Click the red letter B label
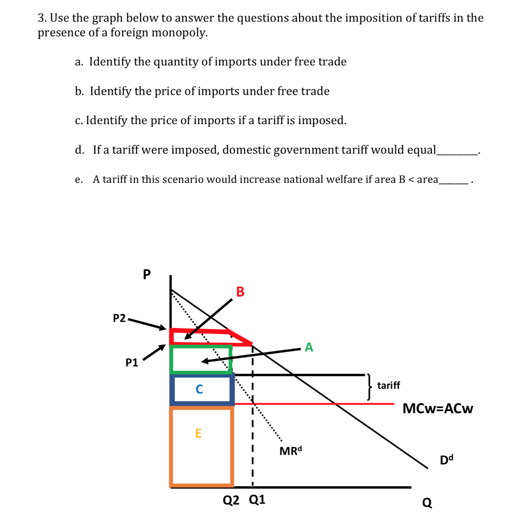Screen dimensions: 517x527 240,292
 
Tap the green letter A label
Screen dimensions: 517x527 309,348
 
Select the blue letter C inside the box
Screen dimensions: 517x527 200,389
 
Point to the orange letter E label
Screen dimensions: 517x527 199,434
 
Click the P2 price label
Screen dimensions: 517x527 119,318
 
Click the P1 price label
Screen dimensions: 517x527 132,363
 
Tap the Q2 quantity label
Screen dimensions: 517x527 232,499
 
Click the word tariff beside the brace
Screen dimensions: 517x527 389,385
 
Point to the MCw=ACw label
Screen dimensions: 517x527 438,409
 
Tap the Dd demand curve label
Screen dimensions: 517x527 448,459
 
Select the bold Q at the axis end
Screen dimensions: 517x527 427,502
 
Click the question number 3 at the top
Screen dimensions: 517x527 42,19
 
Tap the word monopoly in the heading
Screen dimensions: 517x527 184,33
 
